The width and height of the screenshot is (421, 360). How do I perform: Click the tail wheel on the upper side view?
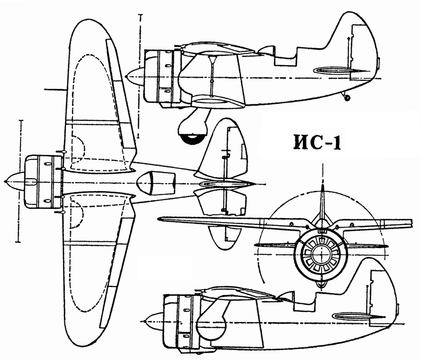347,98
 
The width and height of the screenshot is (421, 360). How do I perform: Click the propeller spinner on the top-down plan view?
15,182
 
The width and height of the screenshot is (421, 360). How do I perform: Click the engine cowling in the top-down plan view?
43,182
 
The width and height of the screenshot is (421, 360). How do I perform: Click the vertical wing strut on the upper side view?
212,77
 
